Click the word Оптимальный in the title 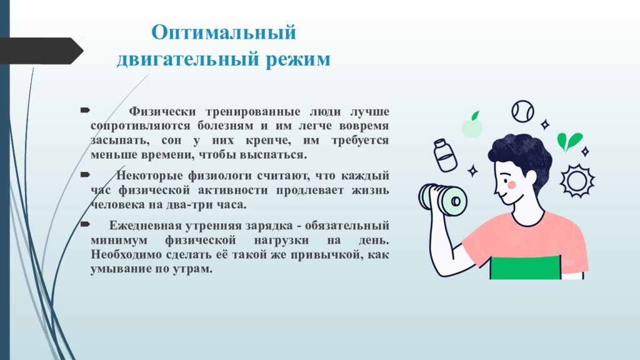224,32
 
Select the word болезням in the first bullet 225,125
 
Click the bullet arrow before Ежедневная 85,224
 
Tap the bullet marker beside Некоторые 85,175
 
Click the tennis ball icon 523,111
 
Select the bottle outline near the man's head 444,155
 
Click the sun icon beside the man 577,181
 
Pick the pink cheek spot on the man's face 511,184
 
